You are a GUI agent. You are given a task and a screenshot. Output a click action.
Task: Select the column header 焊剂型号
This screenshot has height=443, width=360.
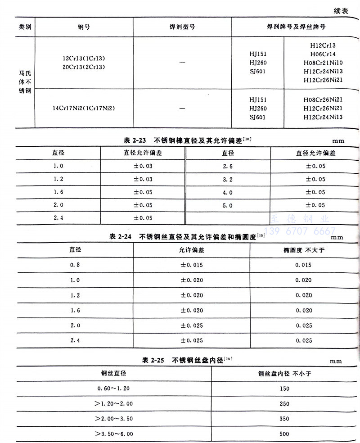pyautogui.click(x=182, y=27)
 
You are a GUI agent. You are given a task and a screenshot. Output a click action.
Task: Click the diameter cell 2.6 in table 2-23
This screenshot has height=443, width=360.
pyautogui.click(x=228, y=166)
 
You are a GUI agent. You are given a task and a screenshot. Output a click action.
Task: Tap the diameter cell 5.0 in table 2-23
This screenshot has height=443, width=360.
pyautogui.click(x=228, y=205)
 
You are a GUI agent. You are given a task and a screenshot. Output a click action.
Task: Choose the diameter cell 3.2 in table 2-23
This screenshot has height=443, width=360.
pyautogui.click(x=228, y=179)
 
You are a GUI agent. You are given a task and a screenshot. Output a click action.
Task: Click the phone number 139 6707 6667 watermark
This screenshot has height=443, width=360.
pyautogui.click(x=299, y=231)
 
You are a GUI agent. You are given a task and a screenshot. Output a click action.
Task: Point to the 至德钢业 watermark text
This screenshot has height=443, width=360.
pyautogui.click(x=299, y=219)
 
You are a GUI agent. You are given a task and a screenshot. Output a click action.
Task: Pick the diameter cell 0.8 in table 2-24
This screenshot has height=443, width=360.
pyautogui.click(x=75, y=265)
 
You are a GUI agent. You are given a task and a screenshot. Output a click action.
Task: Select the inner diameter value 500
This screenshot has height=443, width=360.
pyautogui.click(x=284, y=434)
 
